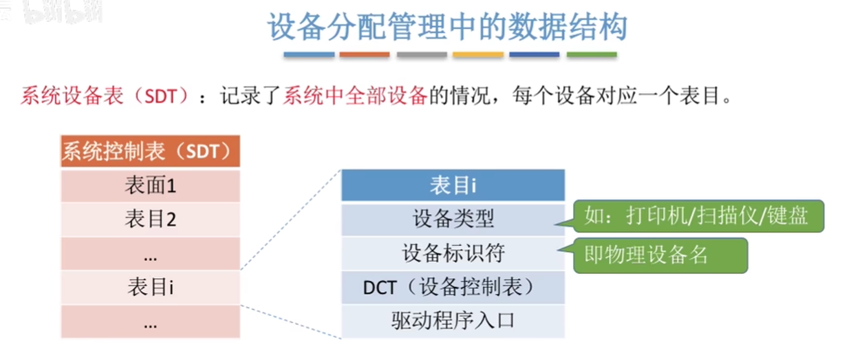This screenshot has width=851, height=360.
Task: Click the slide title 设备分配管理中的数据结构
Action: pos(447,27)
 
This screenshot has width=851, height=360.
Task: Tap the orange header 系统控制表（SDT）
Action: pos(151,151)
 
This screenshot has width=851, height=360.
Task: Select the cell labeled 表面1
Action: pos(151,186)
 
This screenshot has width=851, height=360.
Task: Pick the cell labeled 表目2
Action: pos(151,220)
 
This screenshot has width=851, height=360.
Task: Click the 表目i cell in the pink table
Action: pos(151,287)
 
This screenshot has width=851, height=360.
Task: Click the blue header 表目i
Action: pos(453,185)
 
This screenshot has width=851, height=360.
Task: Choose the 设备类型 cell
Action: pos(453,220)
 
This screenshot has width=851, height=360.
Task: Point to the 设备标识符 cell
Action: pos(453,253)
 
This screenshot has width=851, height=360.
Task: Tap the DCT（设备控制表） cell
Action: pos(453,287)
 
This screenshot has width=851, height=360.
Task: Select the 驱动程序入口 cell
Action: pos(453,321)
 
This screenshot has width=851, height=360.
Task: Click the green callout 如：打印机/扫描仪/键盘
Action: pos(698,216)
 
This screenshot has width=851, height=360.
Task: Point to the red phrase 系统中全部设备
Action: pos(355,96)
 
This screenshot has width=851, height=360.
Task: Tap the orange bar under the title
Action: pos(365,55)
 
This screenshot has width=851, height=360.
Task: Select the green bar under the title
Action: pos(592,55)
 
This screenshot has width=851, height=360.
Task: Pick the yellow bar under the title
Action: pos(478,55)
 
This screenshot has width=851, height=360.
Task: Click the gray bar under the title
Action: pos(422,55)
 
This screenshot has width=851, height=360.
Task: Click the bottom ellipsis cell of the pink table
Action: pos(151,321)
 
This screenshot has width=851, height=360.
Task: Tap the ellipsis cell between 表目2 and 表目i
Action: pos(151,253)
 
